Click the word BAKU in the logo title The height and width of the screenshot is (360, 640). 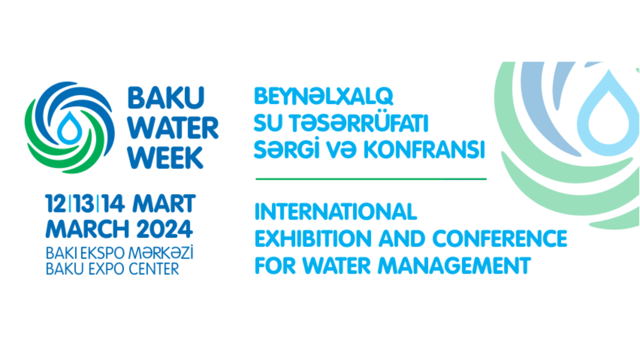click(x=166, y=98)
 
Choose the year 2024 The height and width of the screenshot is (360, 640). click(x=165, y=229)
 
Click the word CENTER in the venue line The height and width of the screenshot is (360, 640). click(x=154, y=269)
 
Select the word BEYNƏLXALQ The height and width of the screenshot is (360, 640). click(x=324, y=97)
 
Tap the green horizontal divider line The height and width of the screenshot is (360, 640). click(x=371, y=179)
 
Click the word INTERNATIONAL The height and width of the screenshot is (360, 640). click(x=336, y=211)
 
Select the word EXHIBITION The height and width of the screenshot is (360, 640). click(x=313, y=238)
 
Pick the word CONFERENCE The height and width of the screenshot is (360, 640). click(x=500, y=238)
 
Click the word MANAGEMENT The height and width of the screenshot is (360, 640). click(x=454, y=265)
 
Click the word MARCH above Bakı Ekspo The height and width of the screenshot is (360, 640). click(x=87, y=229)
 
